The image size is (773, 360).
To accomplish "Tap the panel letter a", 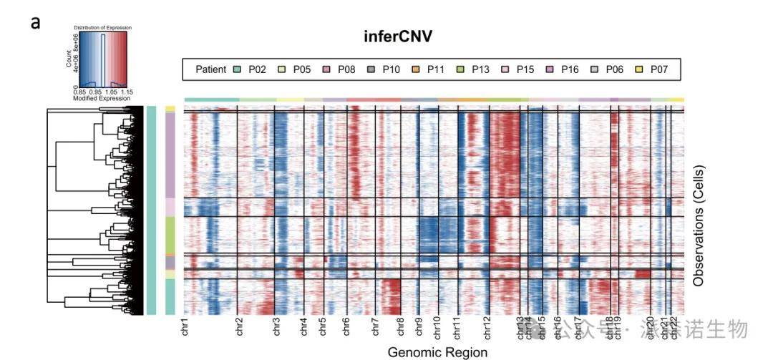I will (35, 22).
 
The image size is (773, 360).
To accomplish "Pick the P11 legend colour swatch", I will (418, 69).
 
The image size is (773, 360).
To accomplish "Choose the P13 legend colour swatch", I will (462, 69).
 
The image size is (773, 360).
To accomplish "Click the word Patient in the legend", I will (212, 69).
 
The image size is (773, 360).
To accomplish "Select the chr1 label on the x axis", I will (185, 327).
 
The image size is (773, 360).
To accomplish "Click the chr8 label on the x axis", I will (399, 327).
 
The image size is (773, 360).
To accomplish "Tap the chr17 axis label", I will (577, 326).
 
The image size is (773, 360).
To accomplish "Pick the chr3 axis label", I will (276, 327).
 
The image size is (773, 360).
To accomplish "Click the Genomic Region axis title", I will (437, 352).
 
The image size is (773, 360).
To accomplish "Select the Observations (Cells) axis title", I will (699, 226).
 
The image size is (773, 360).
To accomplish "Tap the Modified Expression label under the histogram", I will (103, 97).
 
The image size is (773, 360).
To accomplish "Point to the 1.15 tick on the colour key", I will (126, 92).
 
